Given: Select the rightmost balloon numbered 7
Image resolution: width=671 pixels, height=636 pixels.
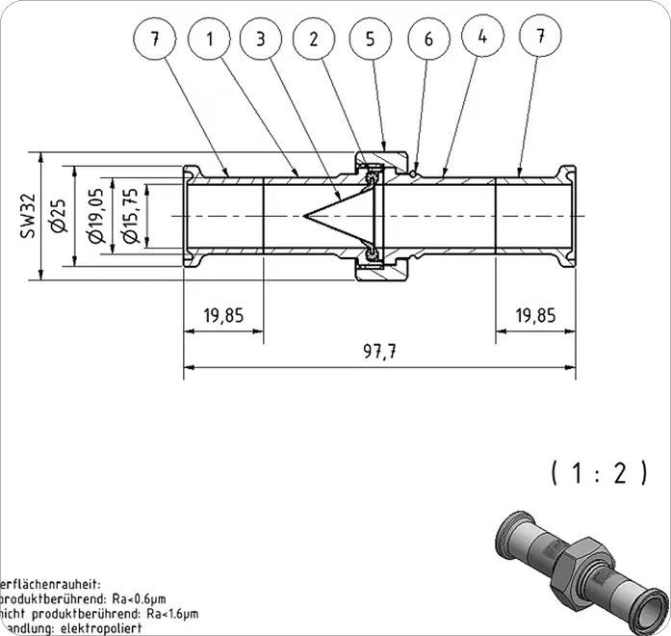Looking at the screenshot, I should (x=540, y=36).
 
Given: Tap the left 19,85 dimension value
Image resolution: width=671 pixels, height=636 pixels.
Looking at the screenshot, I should (x=223, y=314).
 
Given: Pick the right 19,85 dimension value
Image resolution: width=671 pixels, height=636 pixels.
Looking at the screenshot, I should (x=535, y=314).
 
